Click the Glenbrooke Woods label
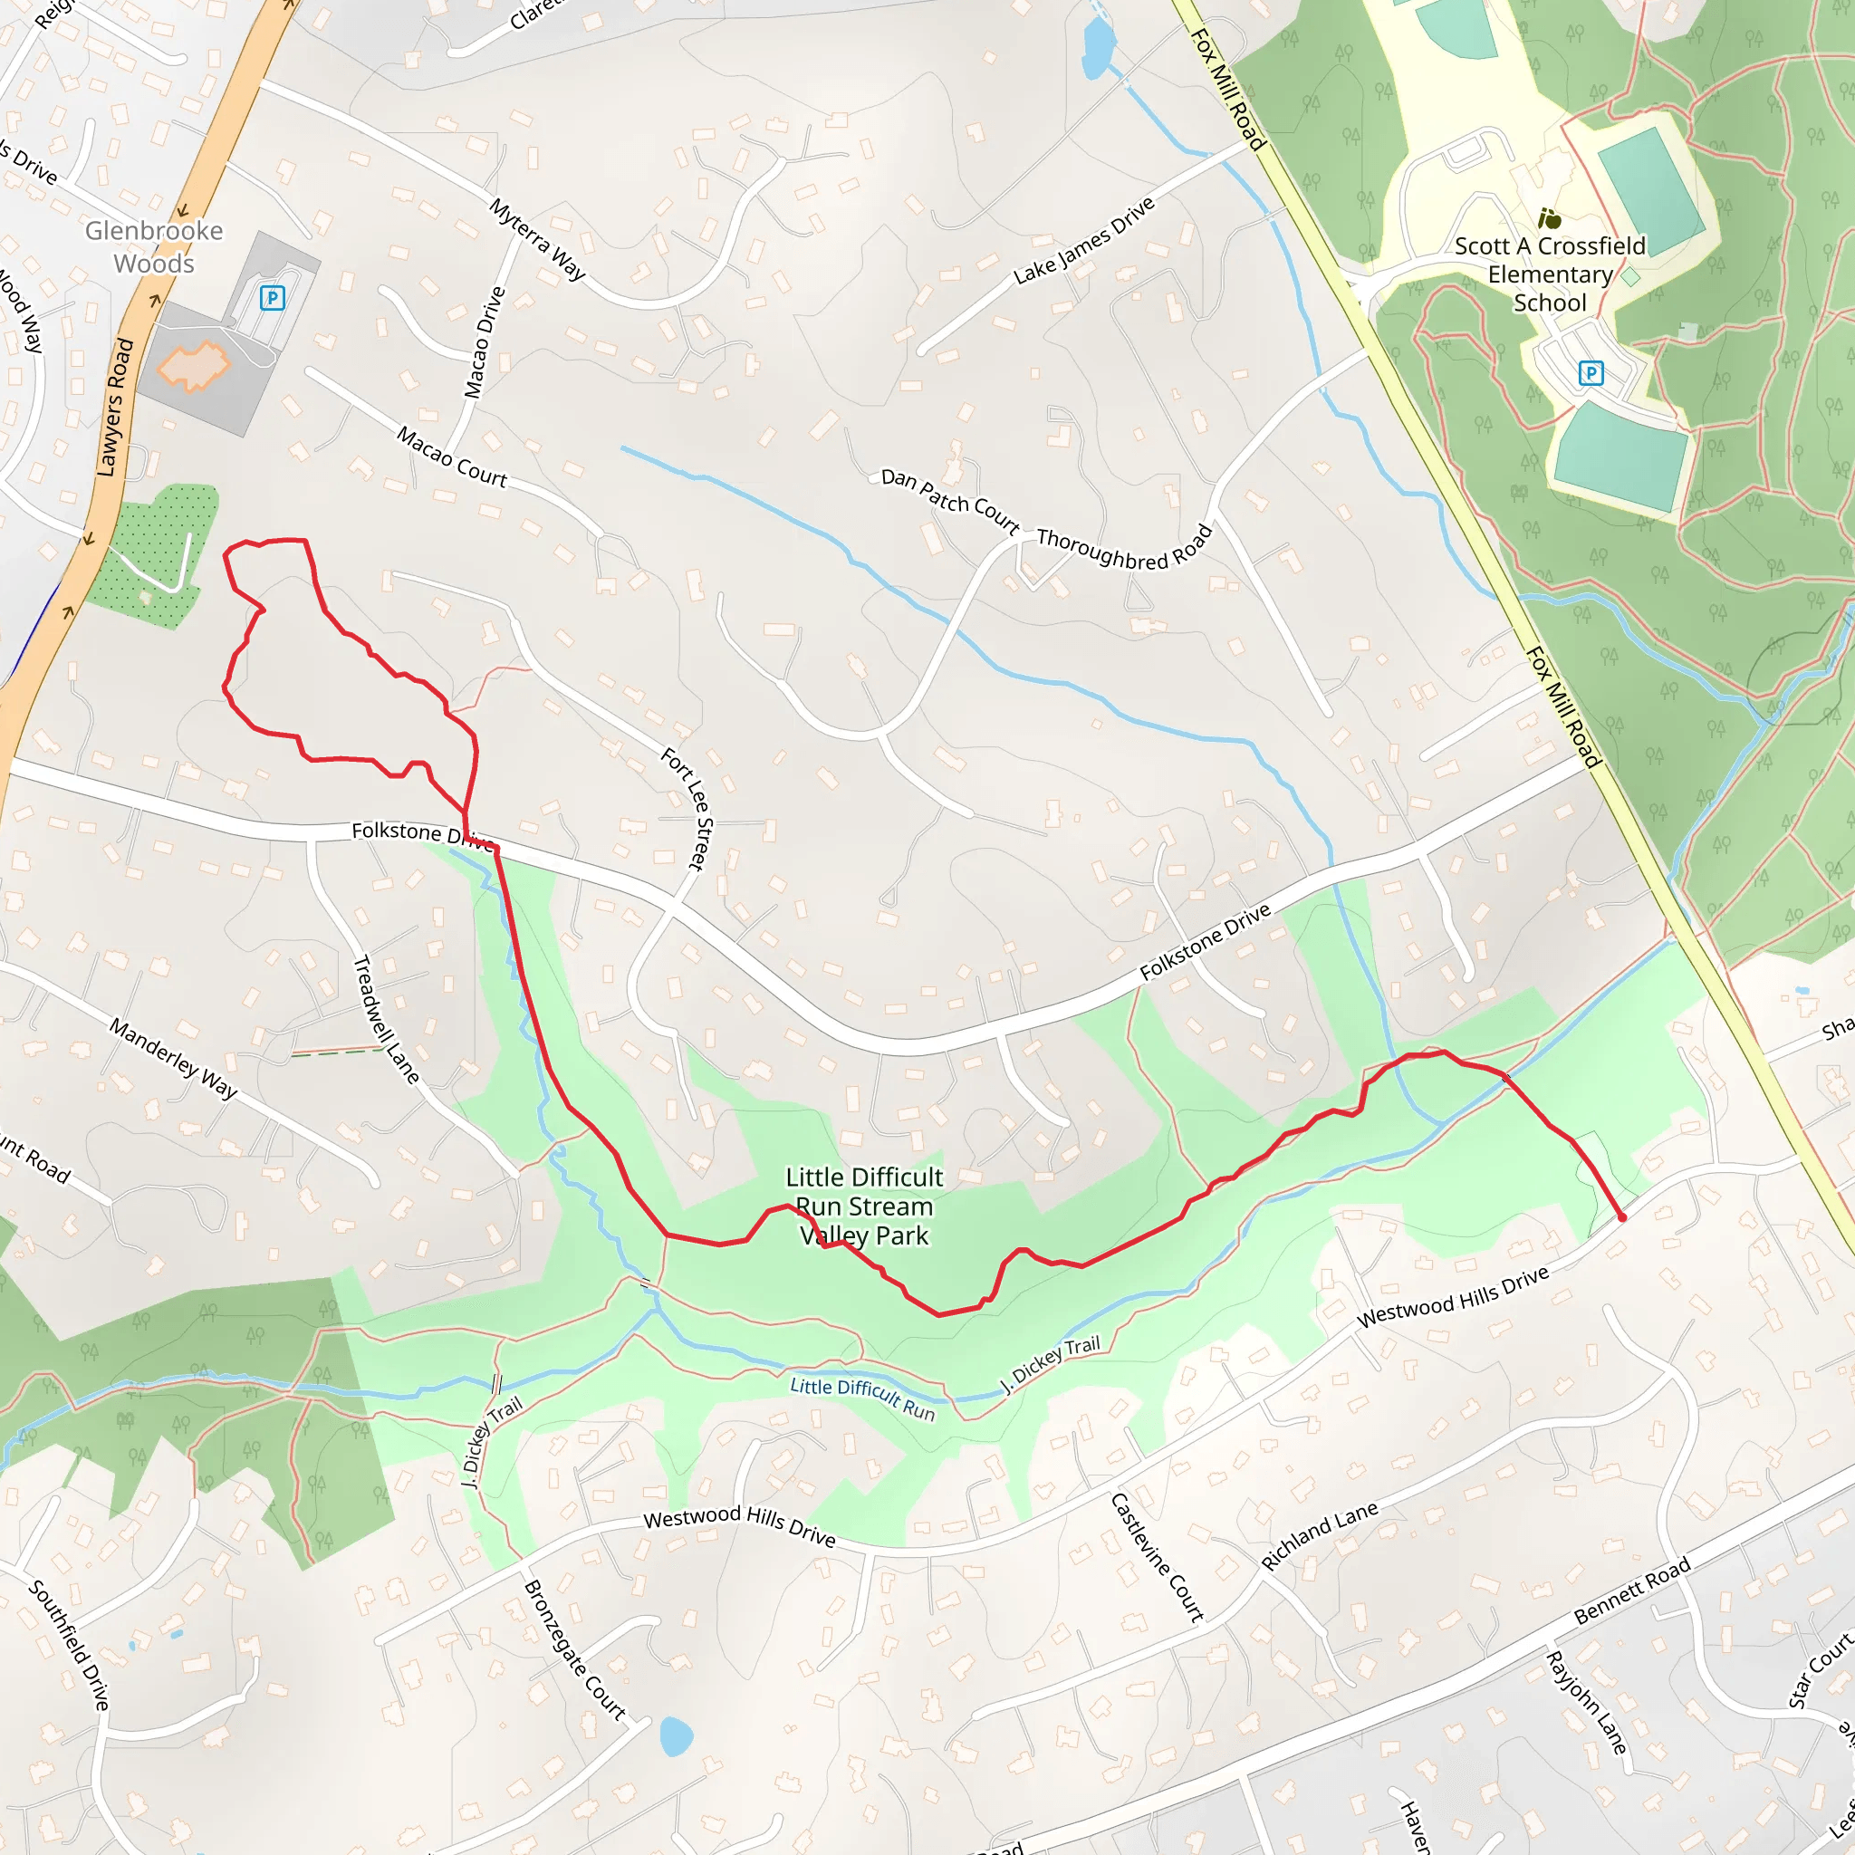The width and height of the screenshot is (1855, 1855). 154,246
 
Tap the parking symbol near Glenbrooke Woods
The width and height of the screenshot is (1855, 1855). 272,298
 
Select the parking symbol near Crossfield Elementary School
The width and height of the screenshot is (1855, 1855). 1591,372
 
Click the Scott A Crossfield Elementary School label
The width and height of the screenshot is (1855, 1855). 1550,274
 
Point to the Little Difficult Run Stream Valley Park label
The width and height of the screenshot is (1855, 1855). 864,1206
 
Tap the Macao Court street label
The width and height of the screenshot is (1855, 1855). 451,457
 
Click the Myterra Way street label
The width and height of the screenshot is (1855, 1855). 538,239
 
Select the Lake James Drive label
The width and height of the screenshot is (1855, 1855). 1084,241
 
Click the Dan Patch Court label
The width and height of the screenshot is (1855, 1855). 949,500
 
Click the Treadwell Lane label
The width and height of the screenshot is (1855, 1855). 386,1020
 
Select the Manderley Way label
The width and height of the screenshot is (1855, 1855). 173,1058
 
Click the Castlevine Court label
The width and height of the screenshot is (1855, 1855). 1157,1556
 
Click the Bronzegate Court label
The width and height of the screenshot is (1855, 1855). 574,1649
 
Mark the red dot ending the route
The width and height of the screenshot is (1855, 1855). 1622,1217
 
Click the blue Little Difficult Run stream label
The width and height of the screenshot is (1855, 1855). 862,1398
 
